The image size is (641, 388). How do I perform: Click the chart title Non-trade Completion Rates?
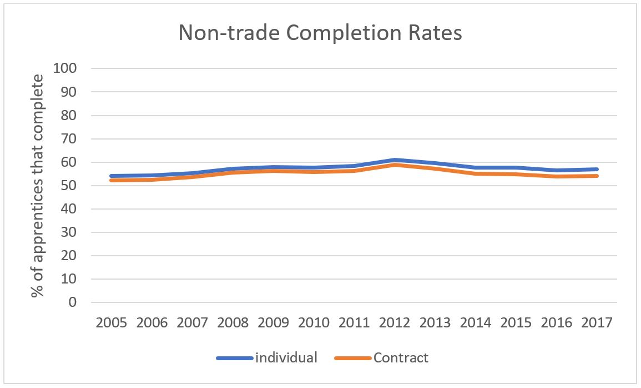320,33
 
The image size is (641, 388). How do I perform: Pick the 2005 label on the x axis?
112,323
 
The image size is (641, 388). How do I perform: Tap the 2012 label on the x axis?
395,323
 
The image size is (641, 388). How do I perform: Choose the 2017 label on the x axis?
597,323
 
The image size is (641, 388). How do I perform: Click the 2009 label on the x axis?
274,323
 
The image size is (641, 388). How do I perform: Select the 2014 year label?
476,323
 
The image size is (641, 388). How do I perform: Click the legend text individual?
286,357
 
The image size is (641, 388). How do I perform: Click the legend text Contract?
401,357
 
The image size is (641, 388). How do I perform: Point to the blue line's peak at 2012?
395,160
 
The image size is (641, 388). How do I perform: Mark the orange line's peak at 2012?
395,165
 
